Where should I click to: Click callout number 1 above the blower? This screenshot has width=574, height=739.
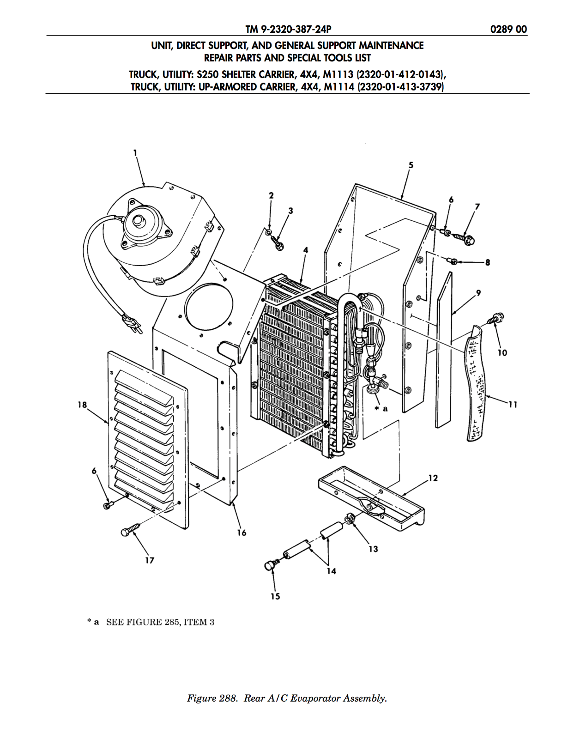click(135, 153)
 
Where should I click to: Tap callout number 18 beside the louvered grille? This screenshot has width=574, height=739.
click(82, 405)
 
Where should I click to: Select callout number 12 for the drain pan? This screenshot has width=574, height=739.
click(433, 478)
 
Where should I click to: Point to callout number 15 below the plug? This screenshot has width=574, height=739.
click(275, 596)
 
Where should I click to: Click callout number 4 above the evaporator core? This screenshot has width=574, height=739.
click(306, 250)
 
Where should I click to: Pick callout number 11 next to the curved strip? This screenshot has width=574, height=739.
click(513, 404)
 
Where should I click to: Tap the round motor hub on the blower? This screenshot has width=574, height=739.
click(139, 221)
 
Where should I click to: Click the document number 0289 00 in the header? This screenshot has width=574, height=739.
click(508, 29)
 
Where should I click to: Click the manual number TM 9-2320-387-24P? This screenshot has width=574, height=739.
click(288, 29)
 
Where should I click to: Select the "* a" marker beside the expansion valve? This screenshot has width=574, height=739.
click(381, 408)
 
